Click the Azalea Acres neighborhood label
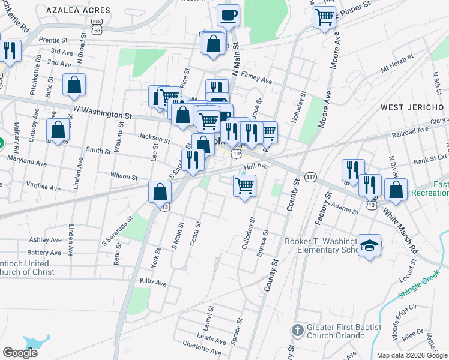(x=87, y=10)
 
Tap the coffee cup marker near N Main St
(x=228, y=15)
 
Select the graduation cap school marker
(x=370, y=245)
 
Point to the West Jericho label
(x=412, y=107)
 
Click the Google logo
(x=20, y=352)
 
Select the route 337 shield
(x=310, y=177)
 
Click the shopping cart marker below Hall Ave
(x=244, y=186)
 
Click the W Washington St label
(x=102, y=112)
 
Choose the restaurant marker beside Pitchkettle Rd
(x=10, y=50)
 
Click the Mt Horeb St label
(x=397, y=65)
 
